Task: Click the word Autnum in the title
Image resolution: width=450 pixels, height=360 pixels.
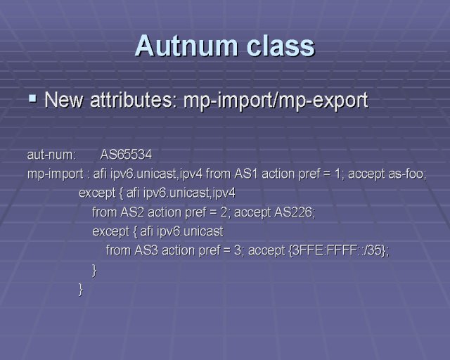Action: click(x=187, y=46)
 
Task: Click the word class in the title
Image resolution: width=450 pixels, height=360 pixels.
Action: click(x=281, y=46)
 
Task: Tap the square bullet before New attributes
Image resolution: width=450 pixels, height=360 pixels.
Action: click(x=33, y=98)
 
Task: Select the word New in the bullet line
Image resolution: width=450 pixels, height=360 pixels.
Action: click(x=64, y=100)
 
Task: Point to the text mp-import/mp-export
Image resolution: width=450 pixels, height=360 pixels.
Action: click(x=276, y=101)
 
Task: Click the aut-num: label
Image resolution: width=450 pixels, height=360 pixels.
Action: click(x=51, y=155)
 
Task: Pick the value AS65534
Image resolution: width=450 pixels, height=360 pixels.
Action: click(x=126, y=155)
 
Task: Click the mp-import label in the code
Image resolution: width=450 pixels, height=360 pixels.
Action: click(x=55, y=174)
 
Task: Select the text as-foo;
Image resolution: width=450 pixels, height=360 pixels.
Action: click(x=408, y=174)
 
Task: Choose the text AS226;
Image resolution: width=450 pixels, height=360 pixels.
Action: click(x=295, y=212)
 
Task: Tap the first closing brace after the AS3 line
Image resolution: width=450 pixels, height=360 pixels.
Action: click(x=94, y=270)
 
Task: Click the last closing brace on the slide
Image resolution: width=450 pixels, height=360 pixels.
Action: click(x=81, y=289)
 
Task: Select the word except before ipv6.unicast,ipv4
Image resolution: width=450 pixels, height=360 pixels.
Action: click(x=97, y=193)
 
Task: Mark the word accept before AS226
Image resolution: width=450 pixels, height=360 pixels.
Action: click(x=252, y=213)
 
